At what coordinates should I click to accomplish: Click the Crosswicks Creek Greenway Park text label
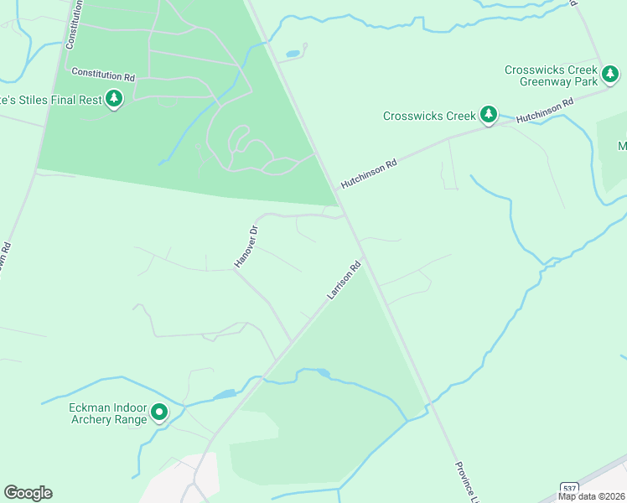tap(551, 75)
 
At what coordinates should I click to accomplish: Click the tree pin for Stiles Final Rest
tap(114, 100)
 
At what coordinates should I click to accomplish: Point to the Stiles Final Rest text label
tap(51, 100)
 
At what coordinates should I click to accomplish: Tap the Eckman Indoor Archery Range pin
tap(158, 412)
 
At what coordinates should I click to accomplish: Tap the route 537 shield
tap(568, 487)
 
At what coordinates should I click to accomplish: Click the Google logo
tap(28, 492)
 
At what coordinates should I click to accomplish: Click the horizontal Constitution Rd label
tap(103, 75)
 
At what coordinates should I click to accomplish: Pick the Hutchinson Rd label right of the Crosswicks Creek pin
tap(544, 110)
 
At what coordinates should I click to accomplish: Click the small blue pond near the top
tap(293, 54)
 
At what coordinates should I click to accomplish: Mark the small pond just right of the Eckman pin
tap(224, 394)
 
